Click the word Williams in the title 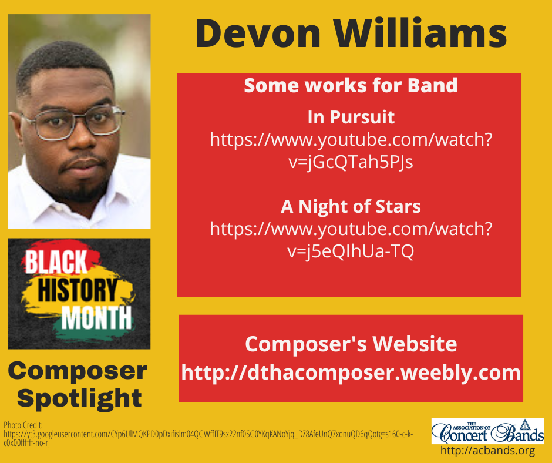(413, 33)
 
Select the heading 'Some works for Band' (351, 86)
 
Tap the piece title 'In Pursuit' (351, 118)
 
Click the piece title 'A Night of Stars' (351, 207)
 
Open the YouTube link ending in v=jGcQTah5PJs (351, 151)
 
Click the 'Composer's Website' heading (351, 344)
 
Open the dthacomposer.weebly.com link (351, 373)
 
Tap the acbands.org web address (487, 451)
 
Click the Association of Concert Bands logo (487, 431)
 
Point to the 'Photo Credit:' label (20, 424)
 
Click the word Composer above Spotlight (78, 371)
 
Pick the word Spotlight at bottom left (79, 398)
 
